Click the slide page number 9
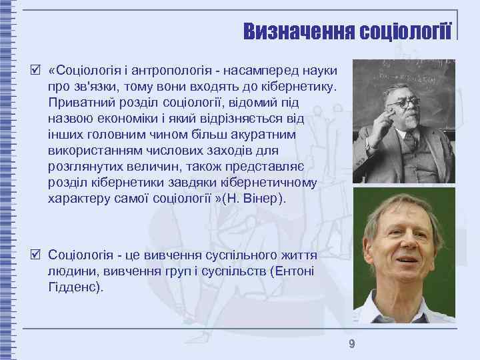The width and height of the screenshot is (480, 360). pos(351,344)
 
